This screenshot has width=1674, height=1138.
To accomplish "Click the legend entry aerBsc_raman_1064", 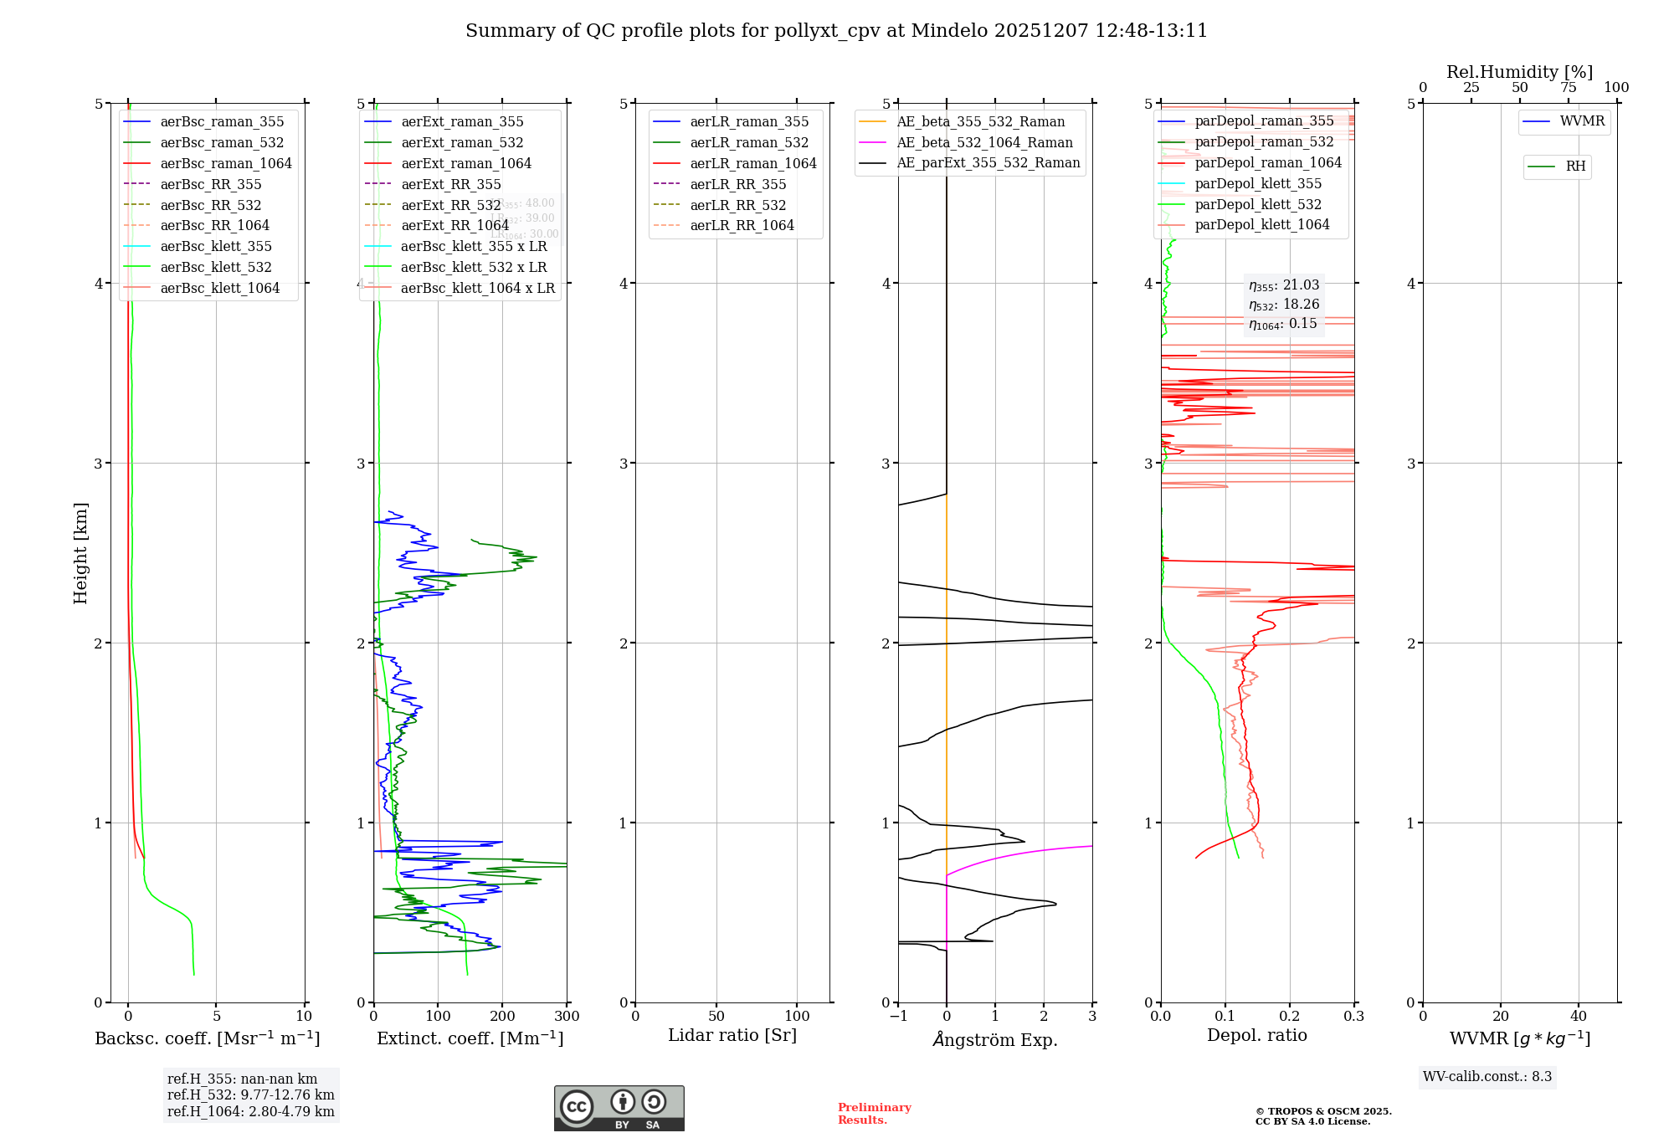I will pyautogui.click(x=226, y=163).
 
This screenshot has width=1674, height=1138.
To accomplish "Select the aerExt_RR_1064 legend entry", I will pyautogui.click(x=454, y=225).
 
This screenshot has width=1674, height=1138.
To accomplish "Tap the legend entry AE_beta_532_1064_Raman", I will pyautogui.click(x=984, y=142).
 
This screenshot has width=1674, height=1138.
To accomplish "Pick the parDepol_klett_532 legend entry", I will pyautogui.click(x=1258, y=204).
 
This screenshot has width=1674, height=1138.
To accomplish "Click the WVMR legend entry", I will pyautogui.click(x=1582, y=121).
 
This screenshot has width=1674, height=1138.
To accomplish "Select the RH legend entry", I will pyautogui.click(x=1575, y=167).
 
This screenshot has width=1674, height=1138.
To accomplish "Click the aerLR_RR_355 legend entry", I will pyautogui.click(x=737, y=184).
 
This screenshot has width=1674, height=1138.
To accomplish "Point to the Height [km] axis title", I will pyautogui.click(x=80, y=553).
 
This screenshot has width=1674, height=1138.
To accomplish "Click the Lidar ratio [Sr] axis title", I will pyautogui.click(x=732, y=1035).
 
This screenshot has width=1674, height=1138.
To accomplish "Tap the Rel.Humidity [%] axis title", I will pyautogui.click(x=1519, y=72).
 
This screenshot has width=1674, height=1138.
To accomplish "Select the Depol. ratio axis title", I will pyautogui.click(x=1257, y=1035).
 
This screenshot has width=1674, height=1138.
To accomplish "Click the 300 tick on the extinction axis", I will pyautogui.click(x=567, y=1017).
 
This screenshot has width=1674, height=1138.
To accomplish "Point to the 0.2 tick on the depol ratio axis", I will pyautogui.click(x=1290, y=1017).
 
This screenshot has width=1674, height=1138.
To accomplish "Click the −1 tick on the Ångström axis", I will pyautogui.click(x=898, y=1017).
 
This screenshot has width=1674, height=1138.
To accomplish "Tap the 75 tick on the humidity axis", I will pyautogui.click(x=1569, y=88).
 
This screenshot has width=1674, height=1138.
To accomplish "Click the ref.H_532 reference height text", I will pyautogui.click(x=250, y=1094).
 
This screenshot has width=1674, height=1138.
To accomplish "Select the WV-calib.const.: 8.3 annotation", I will pyautogui.click(x=1487, y=1077).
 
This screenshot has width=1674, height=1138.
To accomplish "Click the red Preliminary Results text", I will pyautogui.click(x=874, y=1114).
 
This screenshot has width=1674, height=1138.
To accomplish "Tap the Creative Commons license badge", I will pyautogui.click(x=619, y=1109).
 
